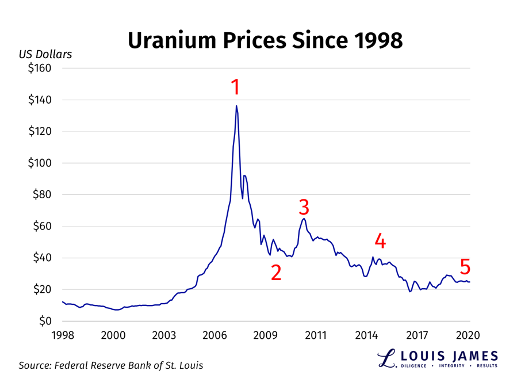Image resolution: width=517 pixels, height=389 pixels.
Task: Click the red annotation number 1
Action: (x=235, y=87)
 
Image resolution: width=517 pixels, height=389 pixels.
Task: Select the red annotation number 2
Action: (x=276, y=273)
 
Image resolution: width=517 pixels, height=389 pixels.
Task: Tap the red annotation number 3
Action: (x=304, y=206)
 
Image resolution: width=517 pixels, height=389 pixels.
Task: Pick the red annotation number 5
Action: (x=465, y=267)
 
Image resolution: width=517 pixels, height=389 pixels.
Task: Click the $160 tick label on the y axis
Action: (x=40, y=68)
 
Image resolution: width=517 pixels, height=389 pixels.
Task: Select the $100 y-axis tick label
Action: (x=40, y=163)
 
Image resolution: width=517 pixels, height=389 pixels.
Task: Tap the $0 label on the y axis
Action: (x=45, y=321)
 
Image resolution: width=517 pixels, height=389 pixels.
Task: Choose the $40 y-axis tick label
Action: (x=42, y=258)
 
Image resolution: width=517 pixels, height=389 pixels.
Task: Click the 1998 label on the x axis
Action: (x=63, y=335)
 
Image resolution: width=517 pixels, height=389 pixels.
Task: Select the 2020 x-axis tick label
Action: (x=468, y=335)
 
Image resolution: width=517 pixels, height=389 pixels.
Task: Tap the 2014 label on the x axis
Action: (x=367, y=335)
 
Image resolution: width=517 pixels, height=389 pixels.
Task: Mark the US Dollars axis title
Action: (x=45, y=55)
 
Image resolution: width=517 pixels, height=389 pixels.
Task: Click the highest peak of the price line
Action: (x=236, y=105)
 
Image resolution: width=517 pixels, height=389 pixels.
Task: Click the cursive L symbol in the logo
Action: (x=386, y=358)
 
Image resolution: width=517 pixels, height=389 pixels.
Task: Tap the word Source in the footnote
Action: (x=36, y=365)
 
